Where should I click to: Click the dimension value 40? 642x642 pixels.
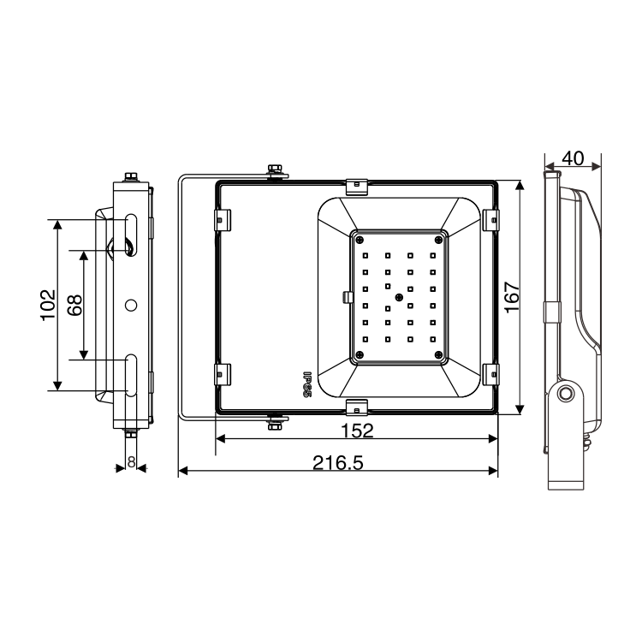point(573,158)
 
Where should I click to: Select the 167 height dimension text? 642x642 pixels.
point(511,297)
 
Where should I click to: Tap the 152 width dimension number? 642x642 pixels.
point(355,430)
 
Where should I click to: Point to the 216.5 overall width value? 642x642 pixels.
point(338,463)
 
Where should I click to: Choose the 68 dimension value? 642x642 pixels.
point(75,305)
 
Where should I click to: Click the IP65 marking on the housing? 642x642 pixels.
point(305,382)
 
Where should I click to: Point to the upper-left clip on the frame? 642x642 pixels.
point(222,219)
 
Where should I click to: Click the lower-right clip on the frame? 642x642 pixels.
point(490,373)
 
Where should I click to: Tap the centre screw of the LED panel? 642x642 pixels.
point(399,296)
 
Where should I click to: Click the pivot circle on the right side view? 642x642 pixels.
point(565,394)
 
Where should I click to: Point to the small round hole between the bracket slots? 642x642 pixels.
point(131,305)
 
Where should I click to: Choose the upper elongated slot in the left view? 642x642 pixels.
point(131,234)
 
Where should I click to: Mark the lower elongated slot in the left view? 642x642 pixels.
point(131,374)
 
